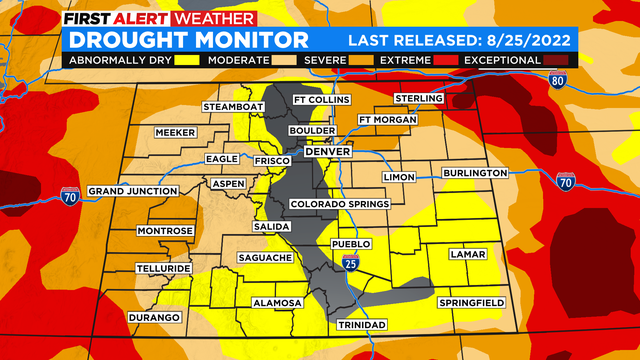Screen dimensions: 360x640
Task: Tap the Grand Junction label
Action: tap(127, 191)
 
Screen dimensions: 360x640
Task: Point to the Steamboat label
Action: tap(232, 107)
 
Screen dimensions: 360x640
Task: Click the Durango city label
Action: tap(155, 317)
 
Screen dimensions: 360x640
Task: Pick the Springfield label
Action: tap(471, 302)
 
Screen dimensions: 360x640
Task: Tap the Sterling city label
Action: tap(418, 98)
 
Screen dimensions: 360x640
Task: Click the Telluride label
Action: tap(165, 270)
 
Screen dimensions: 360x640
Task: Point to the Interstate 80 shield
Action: tap(556, 80)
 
